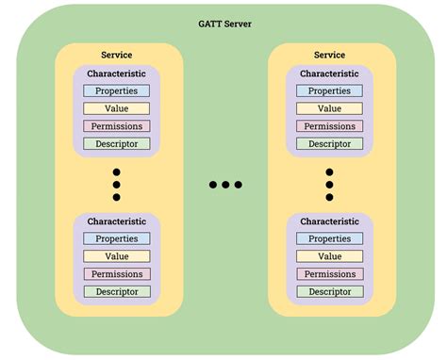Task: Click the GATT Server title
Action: (x=223, y=21)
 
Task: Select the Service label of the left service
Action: (x=117, y=56)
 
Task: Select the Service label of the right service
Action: (x=329, y=56)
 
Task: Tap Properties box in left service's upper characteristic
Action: (x=117, y=91)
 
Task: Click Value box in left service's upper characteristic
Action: (x=117, y=108)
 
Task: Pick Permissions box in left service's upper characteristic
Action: (x=117, y=126)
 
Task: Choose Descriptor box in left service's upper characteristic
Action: (x=117, y=144)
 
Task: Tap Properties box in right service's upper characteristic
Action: (x=329, y=91)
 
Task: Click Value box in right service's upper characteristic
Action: (x=329, y=108)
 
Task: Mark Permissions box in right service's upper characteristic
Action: (x=329, y=126)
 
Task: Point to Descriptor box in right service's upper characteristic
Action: (x=329, y=144)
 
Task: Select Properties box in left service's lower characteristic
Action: (x=117, y=238)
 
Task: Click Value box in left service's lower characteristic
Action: (x=117, y=256)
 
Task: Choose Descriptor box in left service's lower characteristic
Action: (x=117, y=291)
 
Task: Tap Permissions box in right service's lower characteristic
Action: (x=329, y=274)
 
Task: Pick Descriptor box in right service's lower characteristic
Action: (x=329, y=291)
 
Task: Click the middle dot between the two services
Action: (x=225, y=185)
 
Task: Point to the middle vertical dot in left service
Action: (x=117, y=185)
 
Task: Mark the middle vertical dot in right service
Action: (x=329, y=185)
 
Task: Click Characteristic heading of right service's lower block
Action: (x=329, y=221)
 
